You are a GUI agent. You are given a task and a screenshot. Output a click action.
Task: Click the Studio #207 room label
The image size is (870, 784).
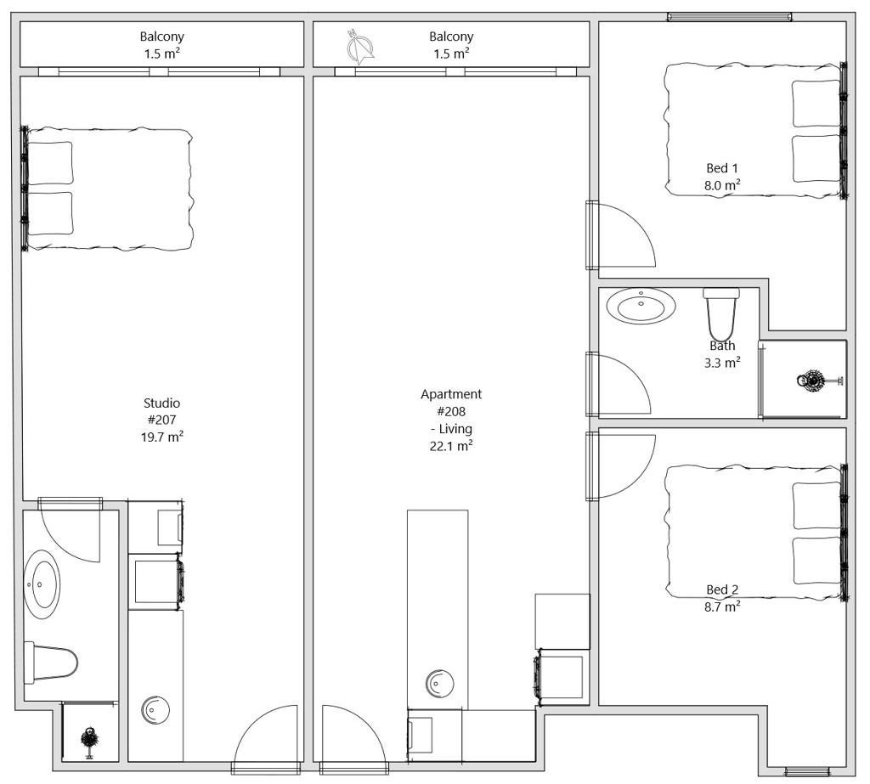(x=161, y=420)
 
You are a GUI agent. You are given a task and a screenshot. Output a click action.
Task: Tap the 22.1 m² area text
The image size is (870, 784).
(x=451, y=446)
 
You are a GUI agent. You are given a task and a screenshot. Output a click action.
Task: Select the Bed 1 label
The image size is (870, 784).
(x=722, y=167)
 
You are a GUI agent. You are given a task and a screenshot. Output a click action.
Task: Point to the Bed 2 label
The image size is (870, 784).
(x=722, y=589)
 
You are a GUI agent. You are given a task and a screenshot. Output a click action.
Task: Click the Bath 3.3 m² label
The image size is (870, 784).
(x=722, y=354)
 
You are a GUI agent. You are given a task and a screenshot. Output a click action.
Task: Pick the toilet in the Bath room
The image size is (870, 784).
(x=720, y=314)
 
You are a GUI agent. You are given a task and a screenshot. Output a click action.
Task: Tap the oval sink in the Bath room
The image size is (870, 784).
(x=641, y=305)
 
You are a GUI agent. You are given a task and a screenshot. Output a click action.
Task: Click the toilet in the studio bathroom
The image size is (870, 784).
(x=50, y=662)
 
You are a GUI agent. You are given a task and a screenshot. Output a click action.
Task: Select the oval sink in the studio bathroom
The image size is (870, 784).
(x=42, y=584)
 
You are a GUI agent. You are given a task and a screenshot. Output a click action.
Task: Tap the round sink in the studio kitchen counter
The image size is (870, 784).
(x=155, y=709)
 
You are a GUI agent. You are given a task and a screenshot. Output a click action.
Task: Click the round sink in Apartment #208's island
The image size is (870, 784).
(x=440, y=683)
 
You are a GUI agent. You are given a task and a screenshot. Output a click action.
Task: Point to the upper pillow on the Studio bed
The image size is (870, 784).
(x=50, y=163)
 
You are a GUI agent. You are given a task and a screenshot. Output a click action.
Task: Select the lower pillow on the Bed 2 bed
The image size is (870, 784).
(x=816, y=561)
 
